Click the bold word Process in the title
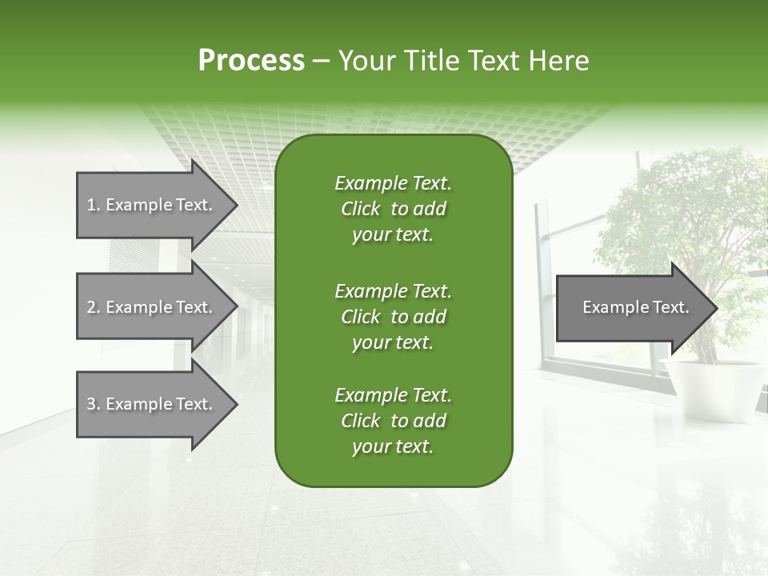tap(251, 61)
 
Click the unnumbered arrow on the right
tap(632, 307)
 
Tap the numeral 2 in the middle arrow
tap(91, 307)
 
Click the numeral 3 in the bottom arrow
tap(91, 404)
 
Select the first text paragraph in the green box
tap(393, 209)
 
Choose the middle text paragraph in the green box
tap(393, 317)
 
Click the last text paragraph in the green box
tap(393, 421)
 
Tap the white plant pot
tap(711, 388)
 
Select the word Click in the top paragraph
tap(361, 209)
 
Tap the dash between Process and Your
tap(322, 62)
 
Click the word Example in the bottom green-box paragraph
tap(370, 395)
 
